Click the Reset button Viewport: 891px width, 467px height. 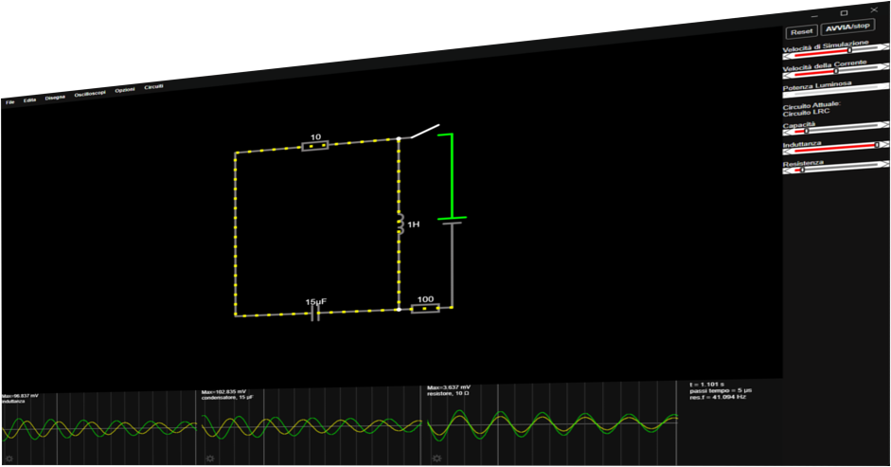802,31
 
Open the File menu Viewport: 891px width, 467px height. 9,101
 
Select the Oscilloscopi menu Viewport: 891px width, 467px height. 90,94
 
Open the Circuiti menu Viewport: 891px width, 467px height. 153,87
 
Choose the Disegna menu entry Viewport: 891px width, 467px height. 55,97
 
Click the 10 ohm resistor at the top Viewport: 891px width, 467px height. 315,146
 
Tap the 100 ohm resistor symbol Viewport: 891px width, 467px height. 425,308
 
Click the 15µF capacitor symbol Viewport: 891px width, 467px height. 316,314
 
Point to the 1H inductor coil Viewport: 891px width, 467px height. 400,225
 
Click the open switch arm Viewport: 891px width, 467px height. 419,132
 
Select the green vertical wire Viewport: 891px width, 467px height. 451,175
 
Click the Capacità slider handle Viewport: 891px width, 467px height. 806,132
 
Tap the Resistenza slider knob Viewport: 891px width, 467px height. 801,171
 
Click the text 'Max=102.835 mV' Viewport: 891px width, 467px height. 224,391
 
